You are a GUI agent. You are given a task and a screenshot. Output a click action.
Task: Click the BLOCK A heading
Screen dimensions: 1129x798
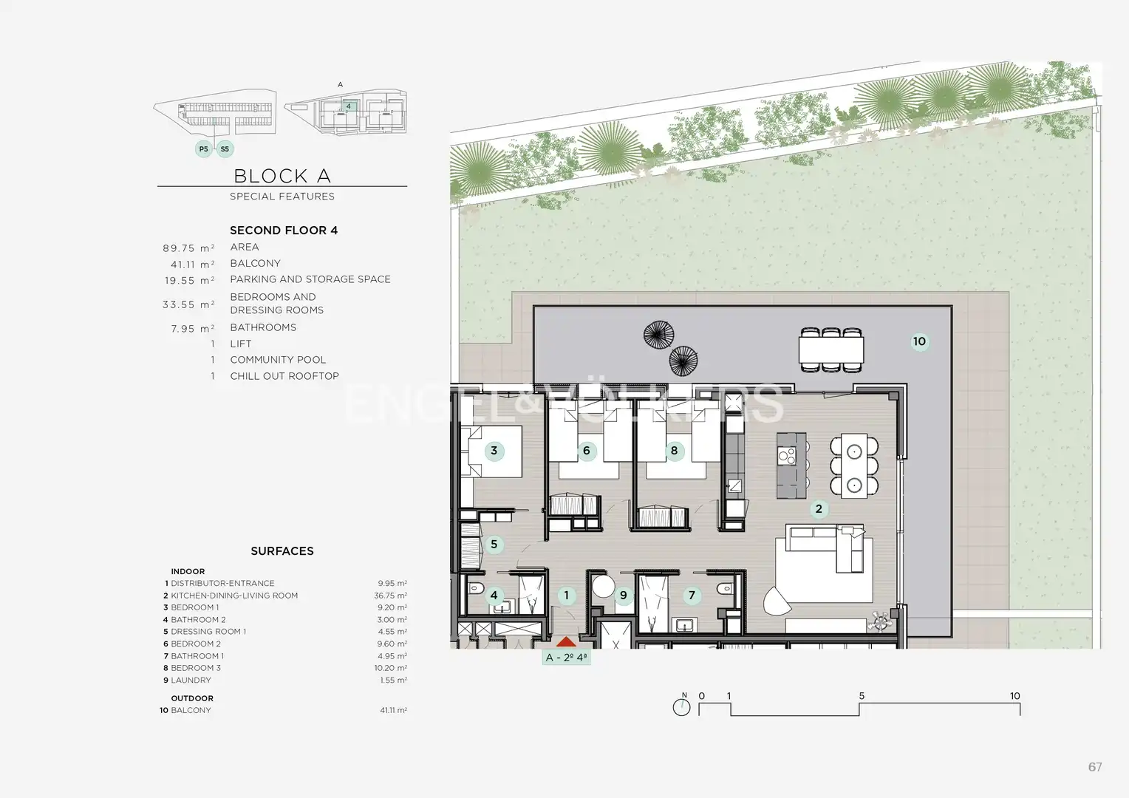tap(282, 176)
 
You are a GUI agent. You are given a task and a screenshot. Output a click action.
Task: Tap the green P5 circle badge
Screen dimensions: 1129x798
tap(204, 149)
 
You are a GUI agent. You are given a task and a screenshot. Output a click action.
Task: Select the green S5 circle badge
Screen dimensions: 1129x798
tap(225, 149)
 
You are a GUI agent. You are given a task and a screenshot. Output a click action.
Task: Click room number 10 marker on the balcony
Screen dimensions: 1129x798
tap(919, 341)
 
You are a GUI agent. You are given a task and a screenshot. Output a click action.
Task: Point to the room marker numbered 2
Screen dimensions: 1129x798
tap(819, 508)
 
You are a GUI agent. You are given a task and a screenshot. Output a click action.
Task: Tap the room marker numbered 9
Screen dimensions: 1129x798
tap(624, 596)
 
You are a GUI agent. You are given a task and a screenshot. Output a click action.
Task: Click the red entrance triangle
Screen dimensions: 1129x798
tap(566, 641)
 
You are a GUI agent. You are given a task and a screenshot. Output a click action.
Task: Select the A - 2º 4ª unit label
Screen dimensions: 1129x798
tap(566, 658)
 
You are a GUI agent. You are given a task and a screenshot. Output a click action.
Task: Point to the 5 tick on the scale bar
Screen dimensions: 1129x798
tap(859, 709)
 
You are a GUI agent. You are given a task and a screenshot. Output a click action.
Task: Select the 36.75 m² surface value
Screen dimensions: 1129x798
tap(391, 596)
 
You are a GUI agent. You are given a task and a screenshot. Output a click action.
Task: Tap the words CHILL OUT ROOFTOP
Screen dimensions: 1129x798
tap(284, 376)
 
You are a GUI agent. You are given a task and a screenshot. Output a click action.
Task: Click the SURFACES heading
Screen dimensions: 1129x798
tap(282, 551)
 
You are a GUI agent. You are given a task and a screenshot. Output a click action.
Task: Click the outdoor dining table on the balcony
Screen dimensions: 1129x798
tap(831, 349)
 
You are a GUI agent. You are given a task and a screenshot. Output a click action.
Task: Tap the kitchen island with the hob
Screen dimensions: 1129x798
tap(791, 465)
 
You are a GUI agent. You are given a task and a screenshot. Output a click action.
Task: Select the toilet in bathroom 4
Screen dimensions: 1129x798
tap(475, 588)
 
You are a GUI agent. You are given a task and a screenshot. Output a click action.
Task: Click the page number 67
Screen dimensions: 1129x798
tap(1095, 767)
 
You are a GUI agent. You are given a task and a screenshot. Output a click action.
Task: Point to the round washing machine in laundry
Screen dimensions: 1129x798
tap(603, 587)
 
